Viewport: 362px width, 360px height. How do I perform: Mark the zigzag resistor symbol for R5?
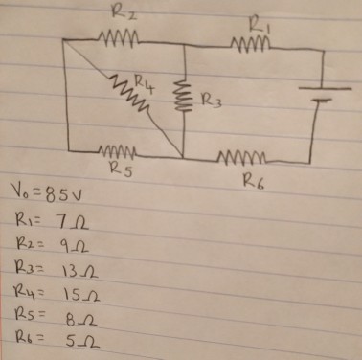point(121,151)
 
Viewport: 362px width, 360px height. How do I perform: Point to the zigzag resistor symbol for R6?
point(246,157)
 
